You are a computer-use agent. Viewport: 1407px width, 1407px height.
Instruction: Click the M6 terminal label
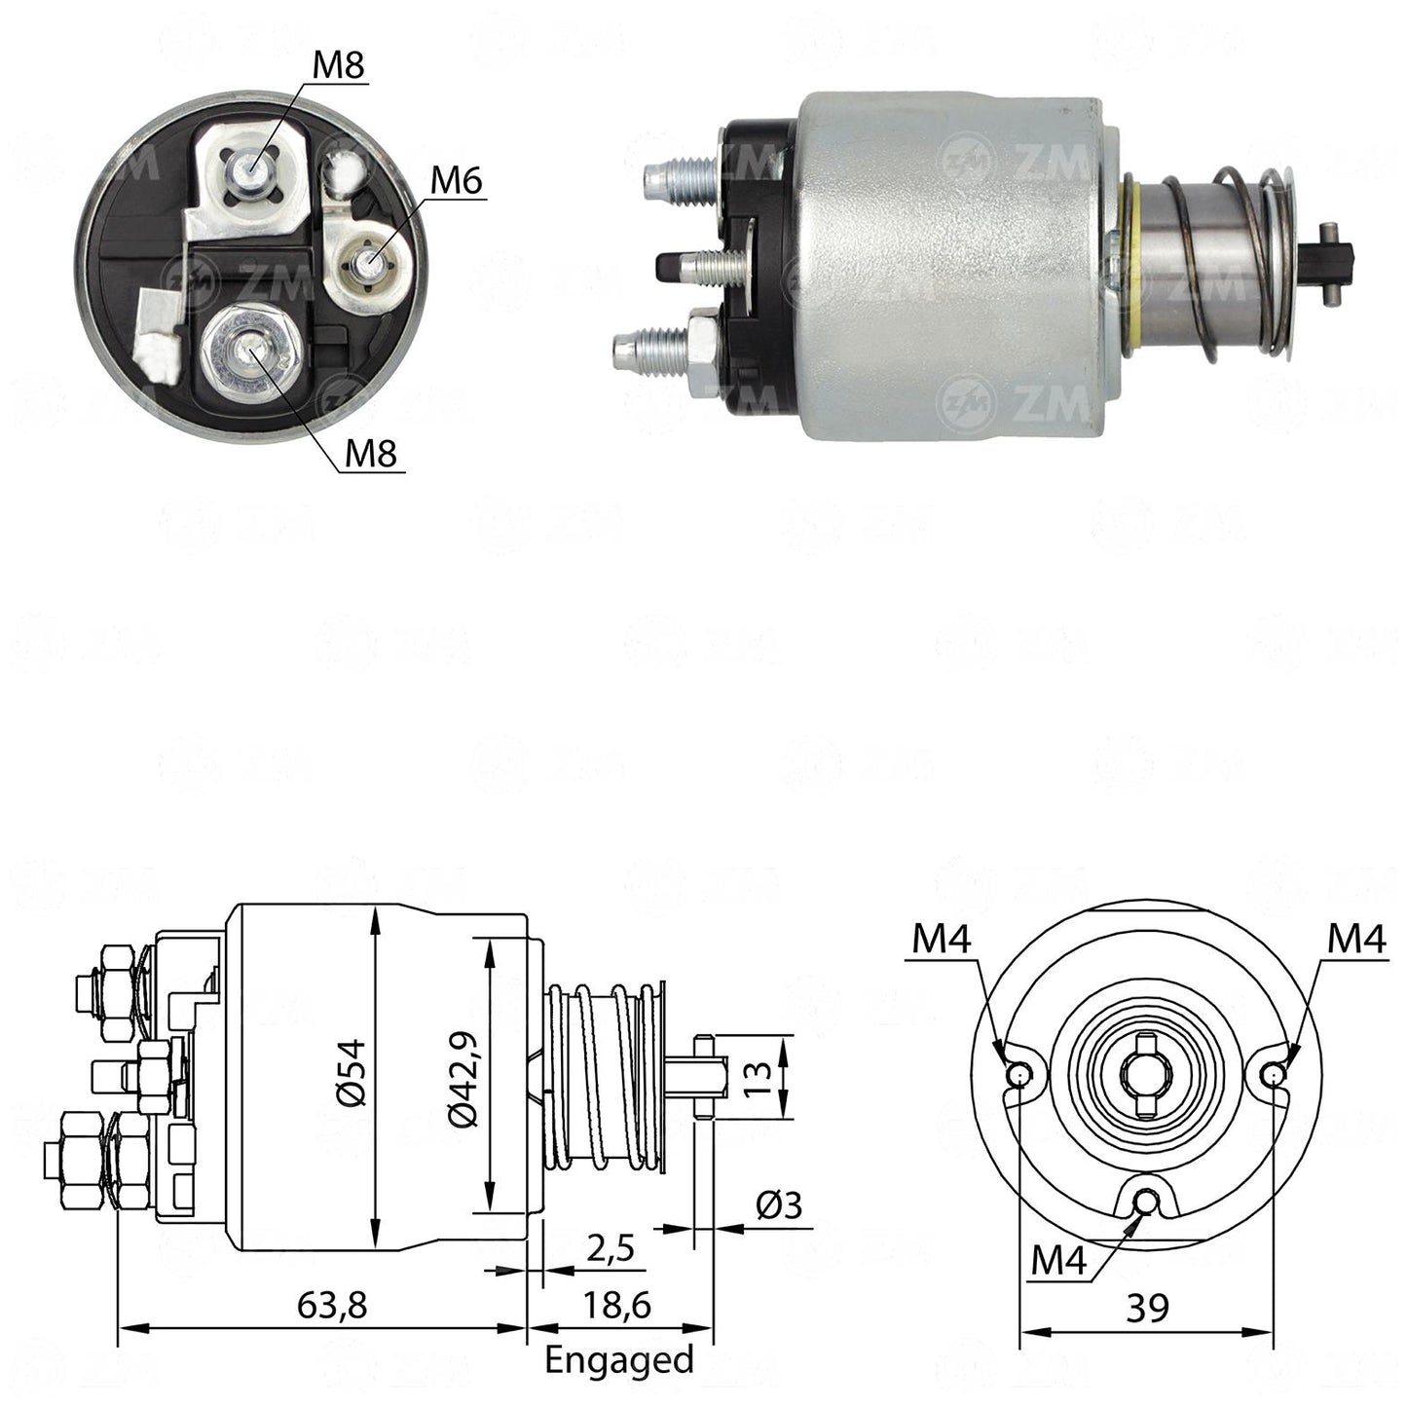tap(457, 180)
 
